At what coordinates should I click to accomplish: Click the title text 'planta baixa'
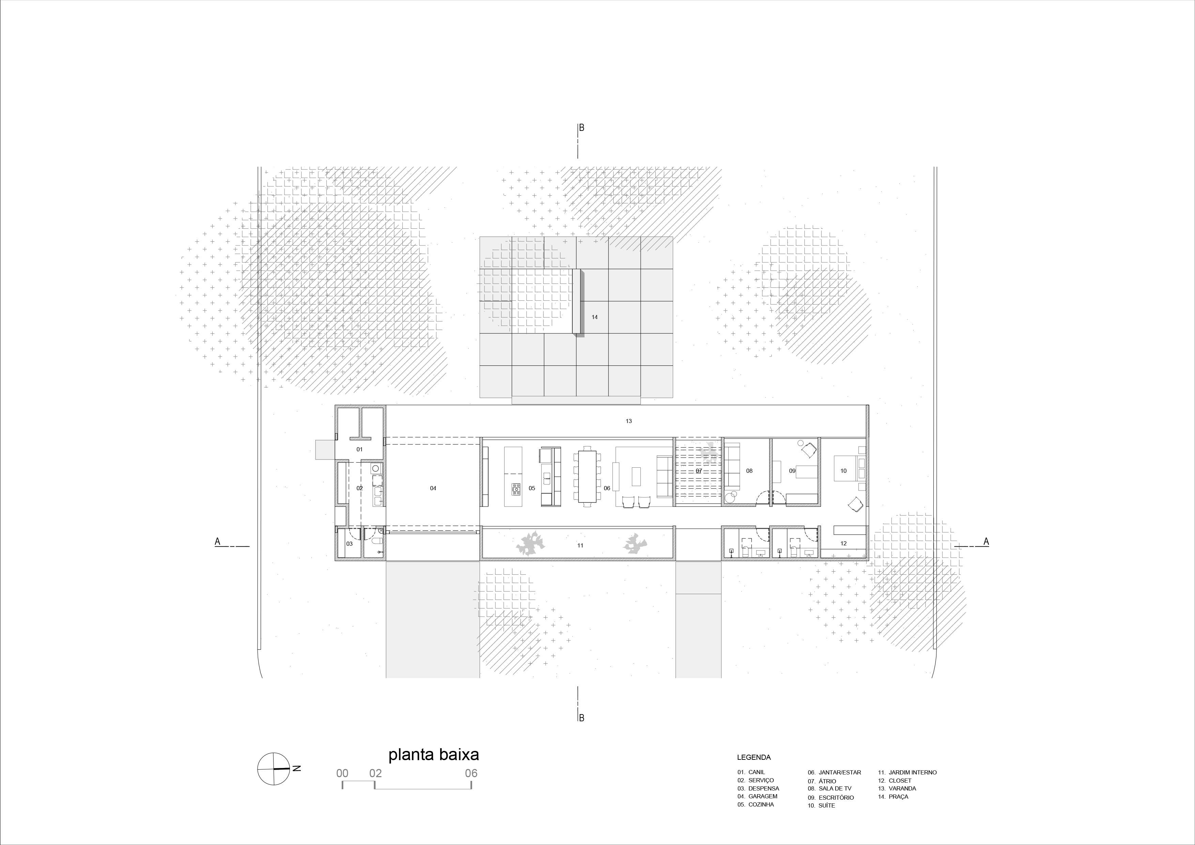434,755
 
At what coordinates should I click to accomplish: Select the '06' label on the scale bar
471,773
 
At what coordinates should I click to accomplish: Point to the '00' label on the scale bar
342,773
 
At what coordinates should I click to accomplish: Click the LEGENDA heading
754,757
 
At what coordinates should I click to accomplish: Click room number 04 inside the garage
433,488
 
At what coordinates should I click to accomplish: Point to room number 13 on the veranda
629,421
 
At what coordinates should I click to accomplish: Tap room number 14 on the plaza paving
594,317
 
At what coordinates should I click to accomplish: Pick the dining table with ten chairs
587,476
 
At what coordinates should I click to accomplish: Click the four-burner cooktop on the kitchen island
516,488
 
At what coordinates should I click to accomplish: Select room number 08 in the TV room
749,471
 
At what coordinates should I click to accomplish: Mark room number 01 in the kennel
359,449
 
